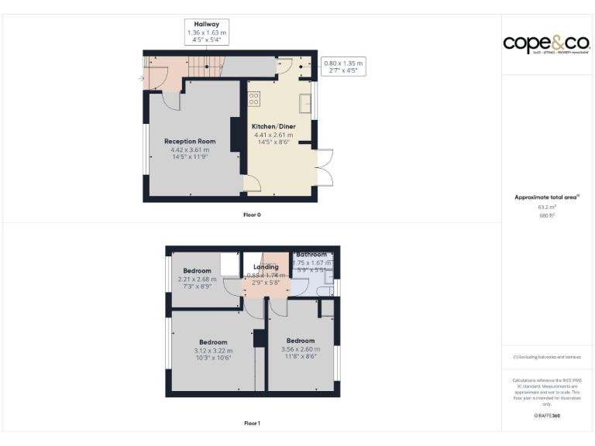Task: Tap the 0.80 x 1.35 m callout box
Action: tap(343, 67)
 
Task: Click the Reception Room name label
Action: tap(190, 142)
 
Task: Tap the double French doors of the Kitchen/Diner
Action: tap(325, 166)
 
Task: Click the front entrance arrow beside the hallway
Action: tap(141, 78)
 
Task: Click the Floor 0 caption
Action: tap(252, 214)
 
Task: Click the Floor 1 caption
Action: tap(252, 424)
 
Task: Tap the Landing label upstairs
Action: tap(265, 267)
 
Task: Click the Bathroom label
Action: tap(311, 254)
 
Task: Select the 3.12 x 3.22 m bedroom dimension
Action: tap(213, 350)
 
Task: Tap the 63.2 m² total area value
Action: tap(547, 208)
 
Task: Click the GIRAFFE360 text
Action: tap(547, 416)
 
